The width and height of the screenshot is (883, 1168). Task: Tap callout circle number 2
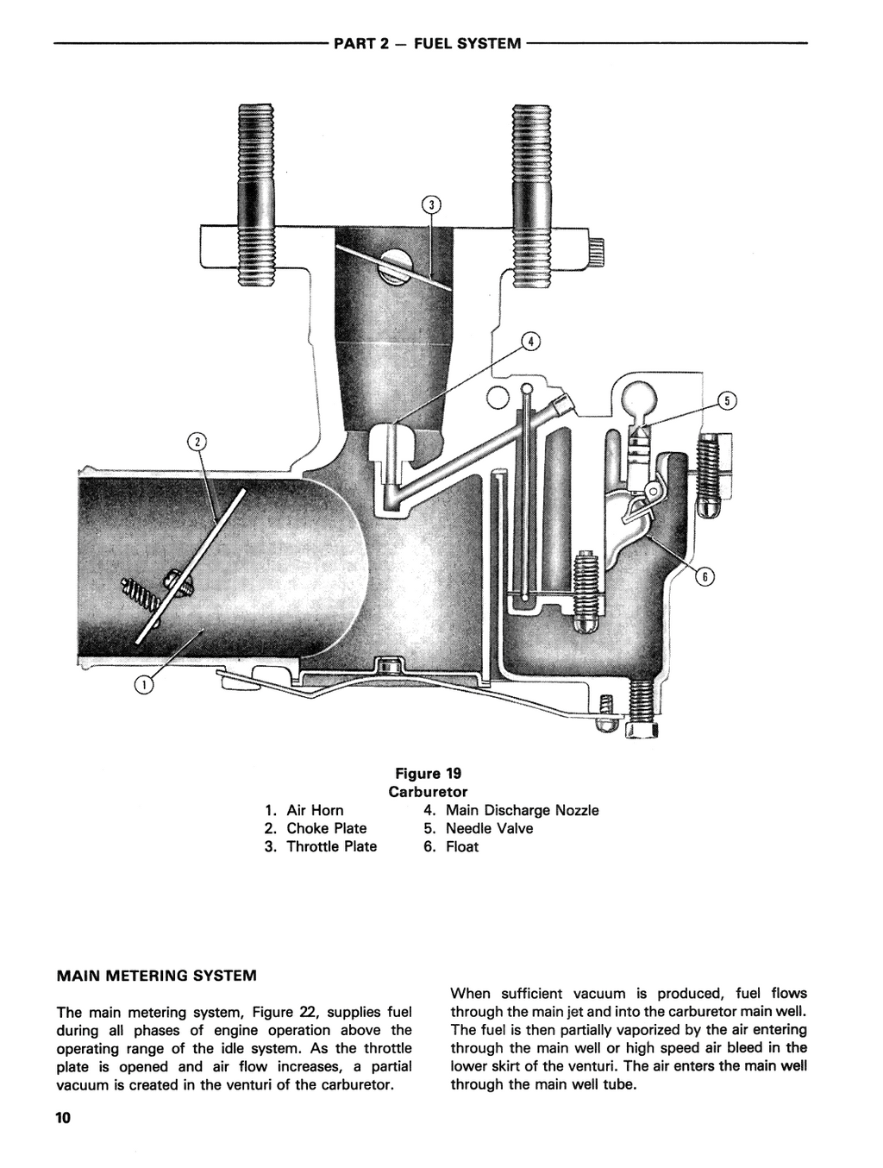point(197,442)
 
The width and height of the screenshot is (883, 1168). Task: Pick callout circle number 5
point(727,400)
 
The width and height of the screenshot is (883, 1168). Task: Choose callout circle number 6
point(704,578)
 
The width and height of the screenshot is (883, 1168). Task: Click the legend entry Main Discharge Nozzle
point(511,810)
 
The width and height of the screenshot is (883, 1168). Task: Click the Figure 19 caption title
point(428,773)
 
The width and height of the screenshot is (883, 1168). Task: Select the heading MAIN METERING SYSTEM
point(156,976)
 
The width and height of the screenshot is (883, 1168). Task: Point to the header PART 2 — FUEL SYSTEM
point(427,43)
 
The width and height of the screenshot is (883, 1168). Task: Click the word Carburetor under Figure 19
point(428,791)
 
